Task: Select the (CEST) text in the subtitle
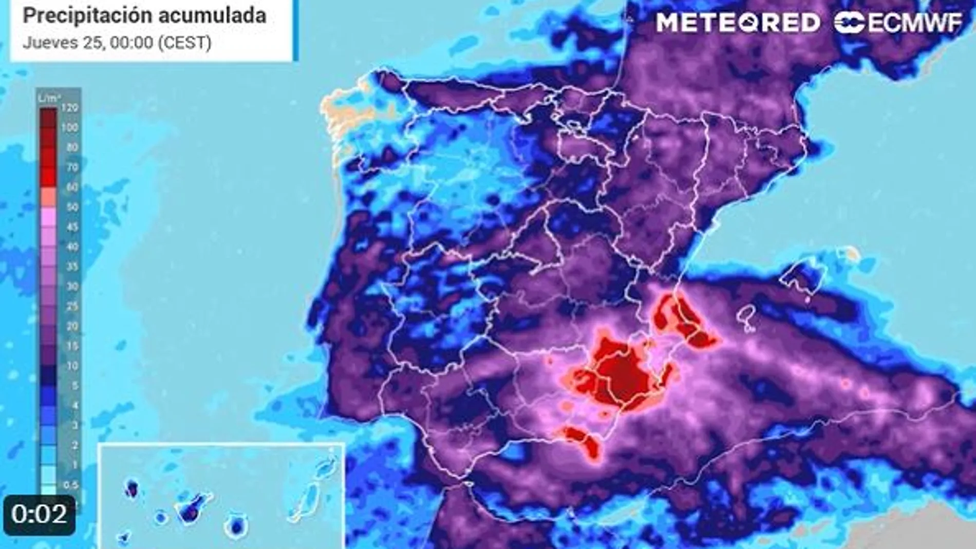pos(184,42)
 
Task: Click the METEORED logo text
pos(738,23)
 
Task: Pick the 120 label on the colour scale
pos(69,107)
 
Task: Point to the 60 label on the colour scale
pos(72,187)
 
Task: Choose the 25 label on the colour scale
pos(72,307)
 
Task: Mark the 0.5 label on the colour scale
pos(70,485)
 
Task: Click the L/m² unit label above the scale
pos(49,98)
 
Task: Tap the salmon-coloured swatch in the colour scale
pos(48,197)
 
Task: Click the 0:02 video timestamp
pos(39,514)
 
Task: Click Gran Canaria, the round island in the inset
pos(236,526)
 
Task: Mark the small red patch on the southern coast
pos(583,441)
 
